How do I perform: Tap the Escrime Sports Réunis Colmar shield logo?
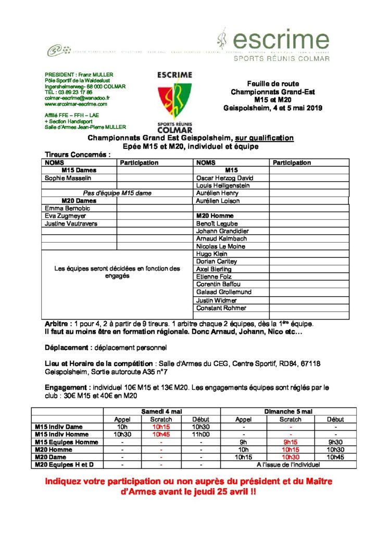point(174,102)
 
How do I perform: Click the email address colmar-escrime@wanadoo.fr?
point(77,97)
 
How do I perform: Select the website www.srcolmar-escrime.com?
point(80,104)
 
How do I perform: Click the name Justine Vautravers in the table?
point(71,223)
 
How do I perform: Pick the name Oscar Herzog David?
point(224,177)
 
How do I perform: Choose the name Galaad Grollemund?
point(223,292)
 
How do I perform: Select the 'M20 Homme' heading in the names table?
point(215,215)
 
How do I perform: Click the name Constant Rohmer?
point(221,308)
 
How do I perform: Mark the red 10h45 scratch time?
point(161,434)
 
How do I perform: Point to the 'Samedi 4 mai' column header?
point(162,411)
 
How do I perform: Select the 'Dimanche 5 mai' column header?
point(289,411)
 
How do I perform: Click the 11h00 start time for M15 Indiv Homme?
point(200,434)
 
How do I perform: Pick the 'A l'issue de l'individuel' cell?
point(289,464)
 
